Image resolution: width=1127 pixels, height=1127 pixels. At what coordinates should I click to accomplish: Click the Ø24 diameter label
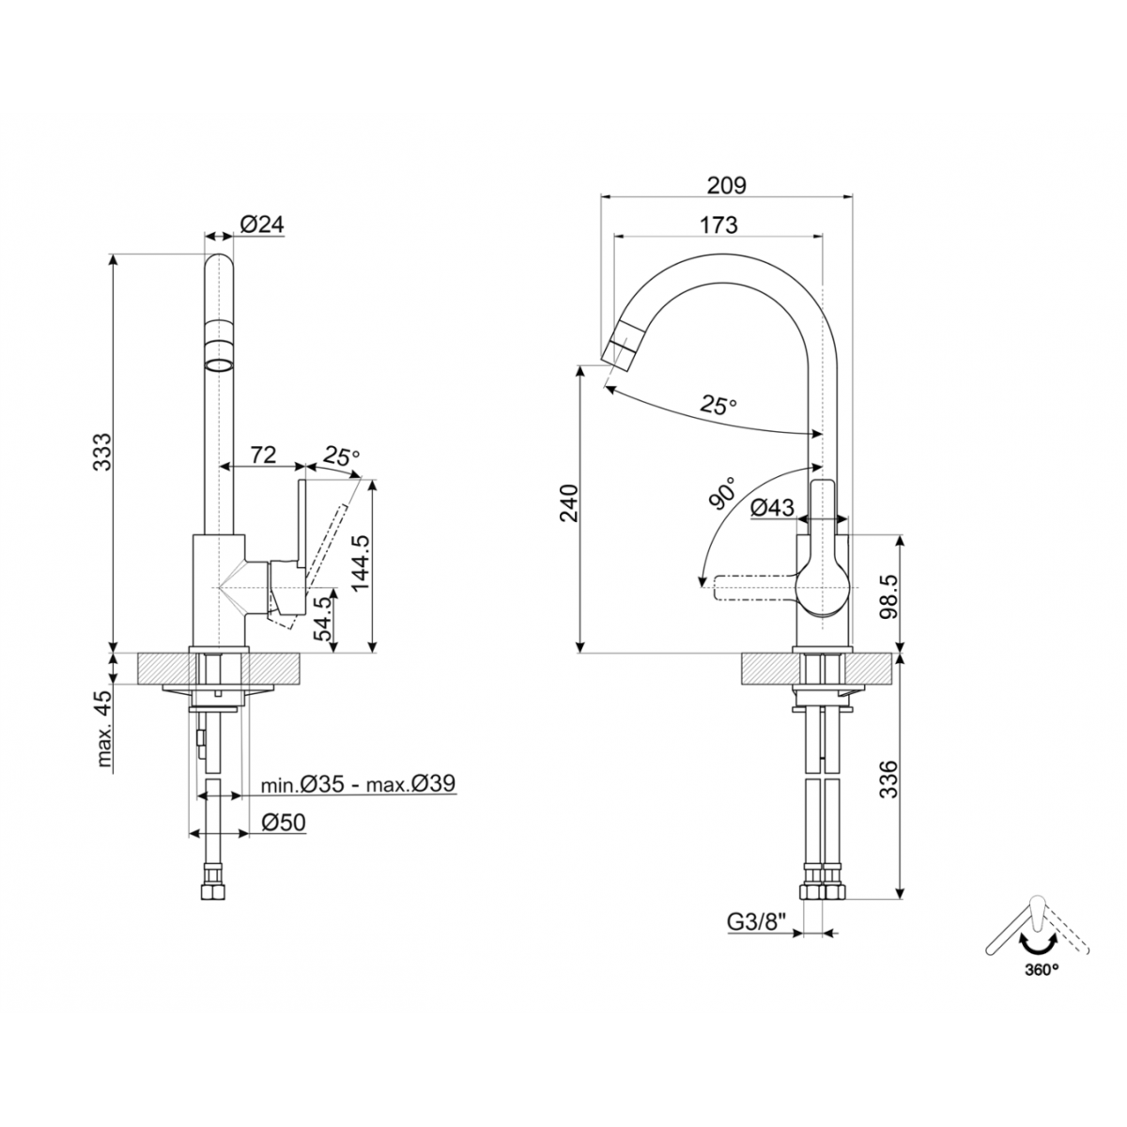pos(262,224)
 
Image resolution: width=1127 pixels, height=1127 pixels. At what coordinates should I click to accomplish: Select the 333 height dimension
pos(103,452)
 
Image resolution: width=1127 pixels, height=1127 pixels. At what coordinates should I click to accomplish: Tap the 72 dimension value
pos(263,455)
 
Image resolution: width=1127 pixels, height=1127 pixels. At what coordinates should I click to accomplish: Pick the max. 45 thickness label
pos(103,729)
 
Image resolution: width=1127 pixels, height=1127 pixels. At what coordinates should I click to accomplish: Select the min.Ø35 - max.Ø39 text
pos(358,783)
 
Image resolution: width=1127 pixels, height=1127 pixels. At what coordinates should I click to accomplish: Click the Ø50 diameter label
pos(283,823)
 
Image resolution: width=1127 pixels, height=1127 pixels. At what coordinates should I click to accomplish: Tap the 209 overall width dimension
pos(727,185)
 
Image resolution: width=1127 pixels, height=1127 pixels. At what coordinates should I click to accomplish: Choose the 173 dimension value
pos(718,224)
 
